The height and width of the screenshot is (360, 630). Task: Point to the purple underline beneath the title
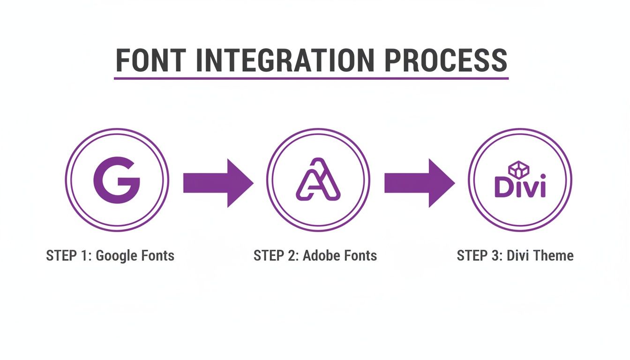point(311,78)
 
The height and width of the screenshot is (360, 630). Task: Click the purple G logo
point(117,180)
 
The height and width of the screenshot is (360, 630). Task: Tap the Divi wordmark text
point(520,187)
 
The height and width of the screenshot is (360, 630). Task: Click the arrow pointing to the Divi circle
point(419,183)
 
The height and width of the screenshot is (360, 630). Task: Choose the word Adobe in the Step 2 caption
point(321,256)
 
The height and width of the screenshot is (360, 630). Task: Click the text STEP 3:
point(479,256)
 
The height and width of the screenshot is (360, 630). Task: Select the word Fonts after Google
point(157,256)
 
